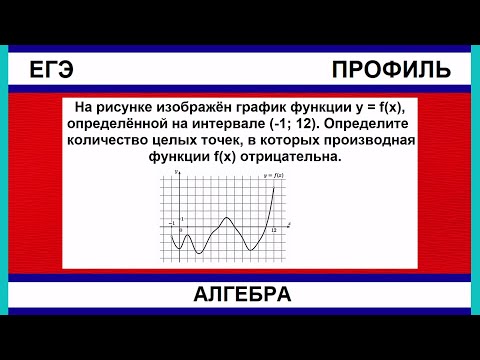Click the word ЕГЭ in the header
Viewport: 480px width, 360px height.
coord(52,69)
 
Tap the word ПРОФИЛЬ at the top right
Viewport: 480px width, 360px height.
coord(390,69)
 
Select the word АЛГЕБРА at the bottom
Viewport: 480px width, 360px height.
coord(240,295)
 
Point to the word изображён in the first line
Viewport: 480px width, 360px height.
coord(216,106)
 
